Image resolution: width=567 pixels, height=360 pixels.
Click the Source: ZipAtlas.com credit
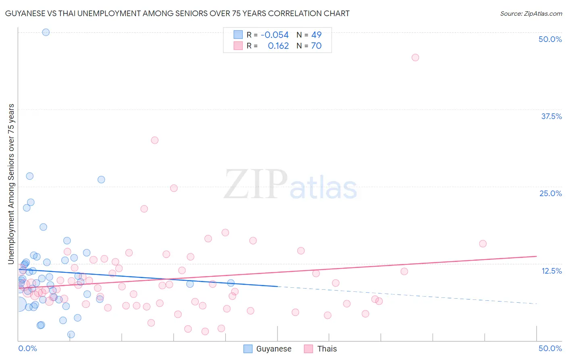(531, 13)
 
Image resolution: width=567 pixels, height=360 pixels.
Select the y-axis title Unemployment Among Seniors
(11, 184)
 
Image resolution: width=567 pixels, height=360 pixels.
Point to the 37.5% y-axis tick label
(551, 116)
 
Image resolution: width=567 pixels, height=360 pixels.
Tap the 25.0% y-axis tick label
(550, 193)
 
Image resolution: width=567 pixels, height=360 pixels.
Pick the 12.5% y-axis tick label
(551, 271)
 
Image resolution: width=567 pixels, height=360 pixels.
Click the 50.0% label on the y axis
(550, 39)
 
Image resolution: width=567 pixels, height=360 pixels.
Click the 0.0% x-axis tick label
(27, 348)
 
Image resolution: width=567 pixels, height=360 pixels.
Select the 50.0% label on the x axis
(550, 348)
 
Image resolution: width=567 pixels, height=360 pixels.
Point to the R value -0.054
(275, 35)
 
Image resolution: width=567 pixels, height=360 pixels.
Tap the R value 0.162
(278, 46)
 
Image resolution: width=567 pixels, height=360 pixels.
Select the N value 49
(316, 35)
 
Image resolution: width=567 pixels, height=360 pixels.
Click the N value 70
(316, 46)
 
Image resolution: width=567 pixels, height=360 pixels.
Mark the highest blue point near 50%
(46, 32)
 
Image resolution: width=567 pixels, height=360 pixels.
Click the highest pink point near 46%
(415, 57)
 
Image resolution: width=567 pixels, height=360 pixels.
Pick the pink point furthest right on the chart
(483, 244)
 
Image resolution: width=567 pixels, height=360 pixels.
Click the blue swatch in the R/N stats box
(238, 35)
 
